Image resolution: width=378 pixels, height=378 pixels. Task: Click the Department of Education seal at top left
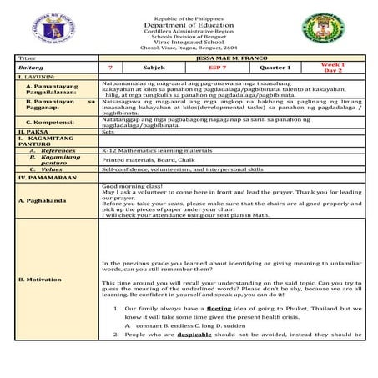(x=34, y=27)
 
